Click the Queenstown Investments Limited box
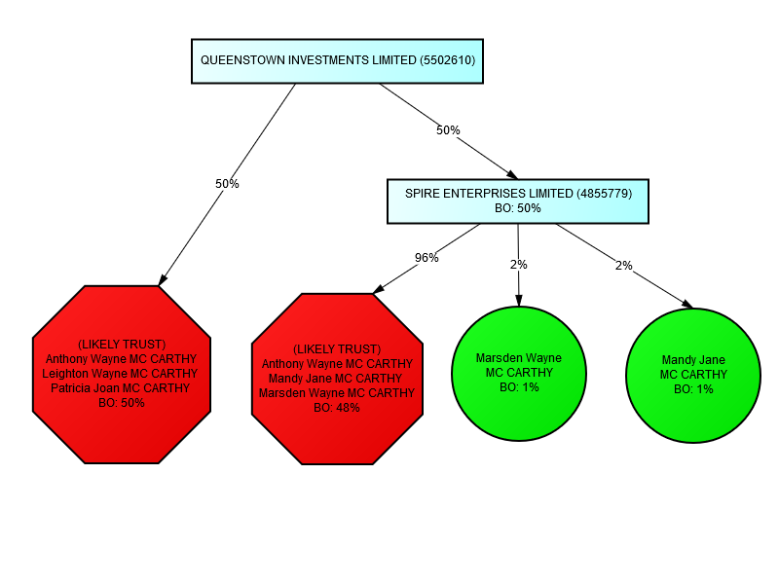337,60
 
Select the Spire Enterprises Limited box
517,201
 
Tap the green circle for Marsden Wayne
518,373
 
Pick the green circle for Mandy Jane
693,375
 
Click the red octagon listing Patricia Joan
121,374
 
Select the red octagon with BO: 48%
337,378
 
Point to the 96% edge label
427,258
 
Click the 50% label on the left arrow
227,183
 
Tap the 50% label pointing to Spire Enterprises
448,129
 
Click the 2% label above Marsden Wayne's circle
518,265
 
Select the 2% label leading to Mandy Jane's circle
623,265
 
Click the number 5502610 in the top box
447,60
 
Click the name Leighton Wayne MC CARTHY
120,374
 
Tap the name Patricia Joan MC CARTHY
121,388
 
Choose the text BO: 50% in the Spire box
517,208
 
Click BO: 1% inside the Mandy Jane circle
693,389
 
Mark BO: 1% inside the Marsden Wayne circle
518,387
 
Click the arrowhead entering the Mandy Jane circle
687,305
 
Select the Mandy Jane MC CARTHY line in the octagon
335,379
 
